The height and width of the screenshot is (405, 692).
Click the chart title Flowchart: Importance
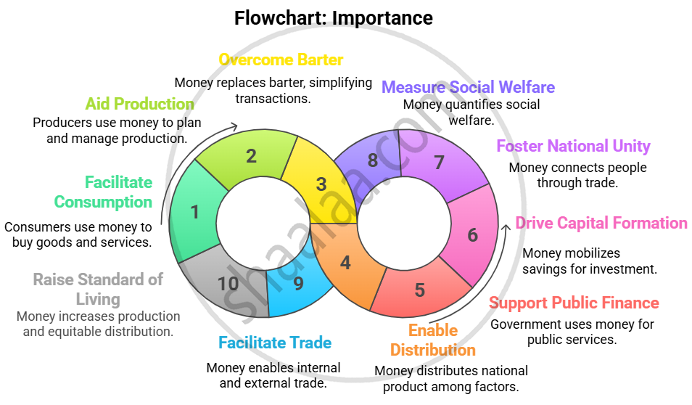coord(333,18)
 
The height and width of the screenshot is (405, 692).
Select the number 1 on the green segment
coord(194,212)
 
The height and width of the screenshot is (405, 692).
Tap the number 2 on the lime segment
coord(251,155)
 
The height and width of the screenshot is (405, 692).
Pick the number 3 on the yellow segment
coord(321,184)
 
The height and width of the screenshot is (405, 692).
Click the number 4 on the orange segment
coord(345,262)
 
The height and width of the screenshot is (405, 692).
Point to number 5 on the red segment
coord(419,290)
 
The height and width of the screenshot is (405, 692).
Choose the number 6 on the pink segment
coord(472,235)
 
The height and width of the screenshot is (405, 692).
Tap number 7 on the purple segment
coord(439,162)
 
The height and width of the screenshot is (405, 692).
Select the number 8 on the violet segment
coord(372,160)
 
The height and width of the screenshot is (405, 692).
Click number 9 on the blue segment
coord(298,282)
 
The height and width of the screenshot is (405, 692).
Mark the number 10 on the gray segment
coord(228,283)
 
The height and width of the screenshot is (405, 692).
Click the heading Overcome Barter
coord(281,60)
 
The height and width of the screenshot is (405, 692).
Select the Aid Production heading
coord(139,103)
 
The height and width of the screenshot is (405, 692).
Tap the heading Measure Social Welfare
coord(468,87)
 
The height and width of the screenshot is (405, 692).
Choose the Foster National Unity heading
coord(573,146)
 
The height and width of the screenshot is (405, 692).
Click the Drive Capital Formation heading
coord(601,223)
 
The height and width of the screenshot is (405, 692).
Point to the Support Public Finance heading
coord(574,303)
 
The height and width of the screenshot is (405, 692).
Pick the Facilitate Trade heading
coord(275,343)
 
